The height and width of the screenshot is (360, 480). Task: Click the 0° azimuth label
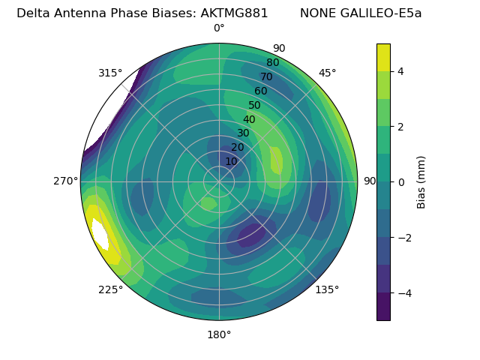pyautogui.click(x=219, y=28)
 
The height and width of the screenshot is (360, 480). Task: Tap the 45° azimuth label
pyautogui.click(x=328, y=73)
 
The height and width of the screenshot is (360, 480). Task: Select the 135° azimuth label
pyautogui.click(x=327, y=289)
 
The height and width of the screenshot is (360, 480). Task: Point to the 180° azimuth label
pyautogui.click(x=219, y=334)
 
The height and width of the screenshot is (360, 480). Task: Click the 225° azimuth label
pyautogui.click(x=110, y=290)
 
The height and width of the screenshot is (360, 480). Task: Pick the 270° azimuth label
pyautogui.click(x=66, y=181)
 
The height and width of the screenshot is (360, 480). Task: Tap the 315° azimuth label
pyautogui.click(x=110, y=73)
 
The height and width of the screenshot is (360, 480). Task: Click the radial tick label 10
pyautogui.click(x=231, y=161)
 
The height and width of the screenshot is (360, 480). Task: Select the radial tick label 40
pyautogui.click(x=249, y=119)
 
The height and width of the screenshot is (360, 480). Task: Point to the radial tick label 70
pyautogui.click(x=266, y=76)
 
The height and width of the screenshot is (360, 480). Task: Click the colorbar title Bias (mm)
pyautogui.click(x=421, y=182)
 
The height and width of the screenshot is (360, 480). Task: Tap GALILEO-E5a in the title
pyautogui.click(x=382, y=13)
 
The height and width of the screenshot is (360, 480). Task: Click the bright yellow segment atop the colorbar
pyautogui.click(x=383, y=57)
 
